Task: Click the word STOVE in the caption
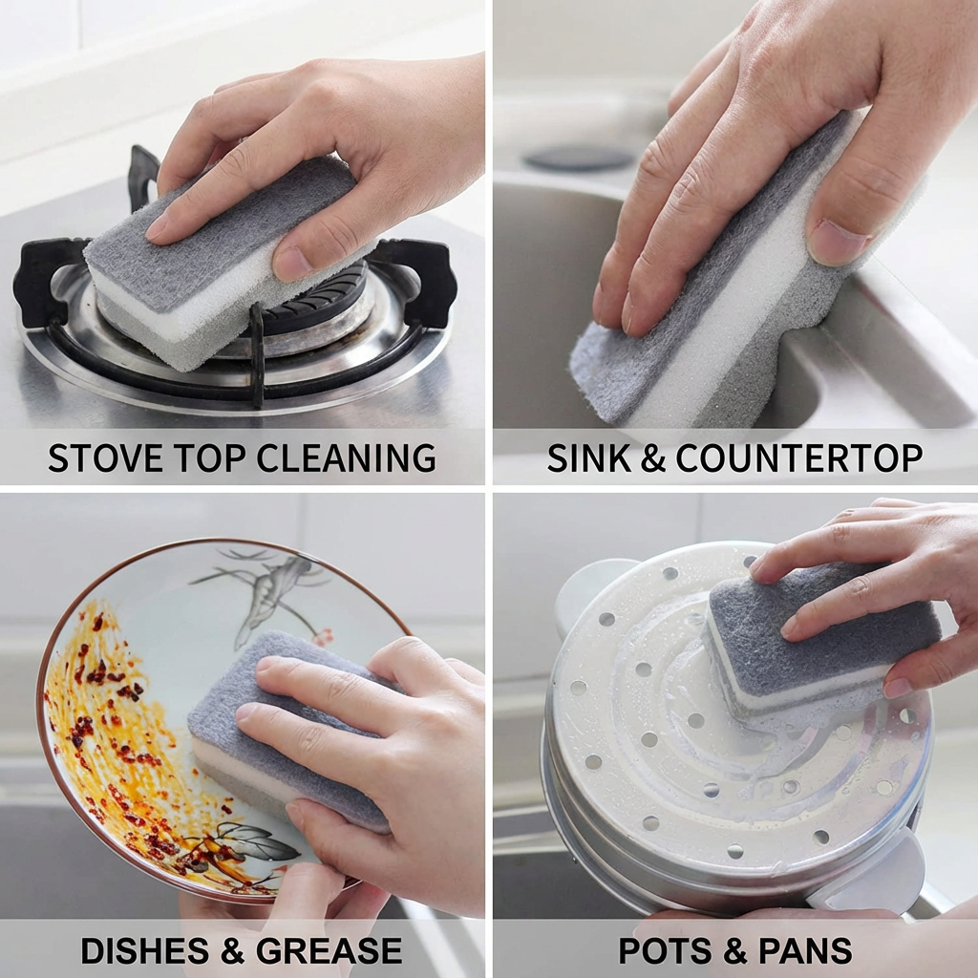[x=93, y=458]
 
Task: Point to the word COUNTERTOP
[x=798, y=458]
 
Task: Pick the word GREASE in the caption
[x=330, y=950]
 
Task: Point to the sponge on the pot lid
[x=812, y=635]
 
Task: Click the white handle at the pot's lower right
[x=874, y=874]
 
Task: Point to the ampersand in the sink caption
[x=652, y=458]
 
